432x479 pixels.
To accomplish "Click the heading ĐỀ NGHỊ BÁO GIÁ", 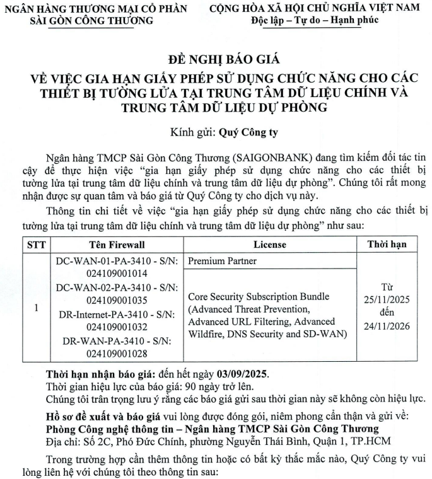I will [216, 61].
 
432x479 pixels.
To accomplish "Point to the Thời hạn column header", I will [387, 244].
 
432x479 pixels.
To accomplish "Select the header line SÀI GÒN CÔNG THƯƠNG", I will [91, 20].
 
